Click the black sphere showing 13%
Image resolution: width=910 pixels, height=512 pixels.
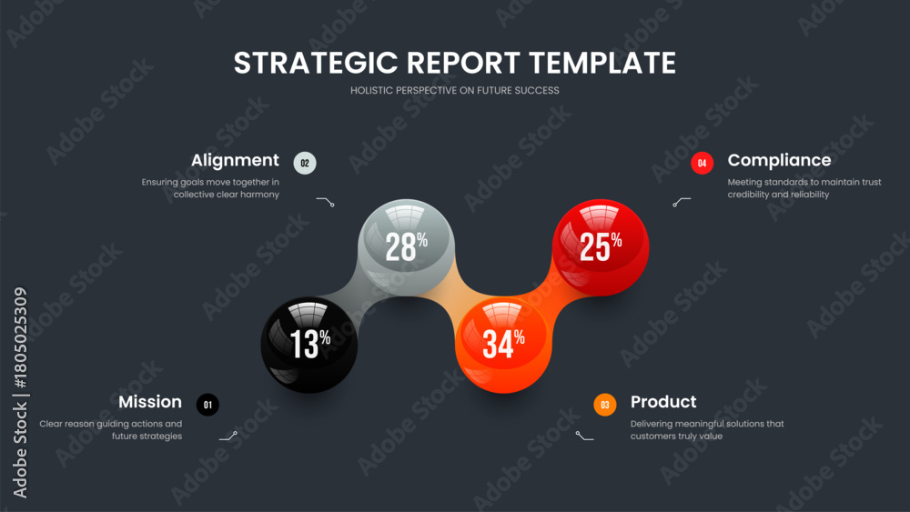click(309, 345)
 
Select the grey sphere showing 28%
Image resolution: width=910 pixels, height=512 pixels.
click(406, 247)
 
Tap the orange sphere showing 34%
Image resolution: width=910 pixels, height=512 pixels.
click(503, 345)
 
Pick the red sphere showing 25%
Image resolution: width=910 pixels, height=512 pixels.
click(601, 247)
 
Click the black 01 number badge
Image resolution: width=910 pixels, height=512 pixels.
click(207, 405)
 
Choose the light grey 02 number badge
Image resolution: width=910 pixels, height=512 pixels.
click(305, 163)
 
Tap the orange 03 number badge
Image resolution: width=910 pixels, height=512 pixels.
click(605, 405)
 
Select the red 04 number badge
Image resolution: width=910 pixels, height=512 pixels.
click(703, 163)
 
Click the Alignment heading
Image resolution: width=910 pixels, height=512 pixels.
click(235, 160)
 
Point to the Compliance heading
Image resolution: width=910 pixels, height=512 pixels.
click(780, 160)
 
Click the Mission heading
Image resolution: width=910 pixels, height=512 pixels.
click(150, 402)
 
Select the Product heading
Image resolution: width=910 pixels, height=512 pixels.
click(663, 402)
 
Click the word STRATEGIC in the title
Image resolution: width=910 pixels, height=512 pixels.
click(316, 63)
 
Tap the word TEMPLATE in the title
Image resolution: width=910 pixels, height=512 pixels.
click(602, 63)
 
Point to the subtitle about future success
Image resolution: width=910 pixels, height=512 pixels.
click(455, 90)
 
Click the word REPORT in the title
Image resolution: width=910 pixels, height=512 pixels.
click(463, 63)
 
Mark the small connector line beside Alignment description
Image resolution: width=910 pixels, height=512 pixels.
click(326, 201)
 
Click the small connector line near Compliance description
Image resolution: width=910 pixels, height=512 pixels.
click(682, 201)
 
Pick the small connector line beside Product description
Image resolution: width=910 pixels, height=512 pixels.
click(584, 436)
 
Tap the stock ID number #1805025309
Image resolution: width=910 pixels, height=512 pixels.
click(20, 338)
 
